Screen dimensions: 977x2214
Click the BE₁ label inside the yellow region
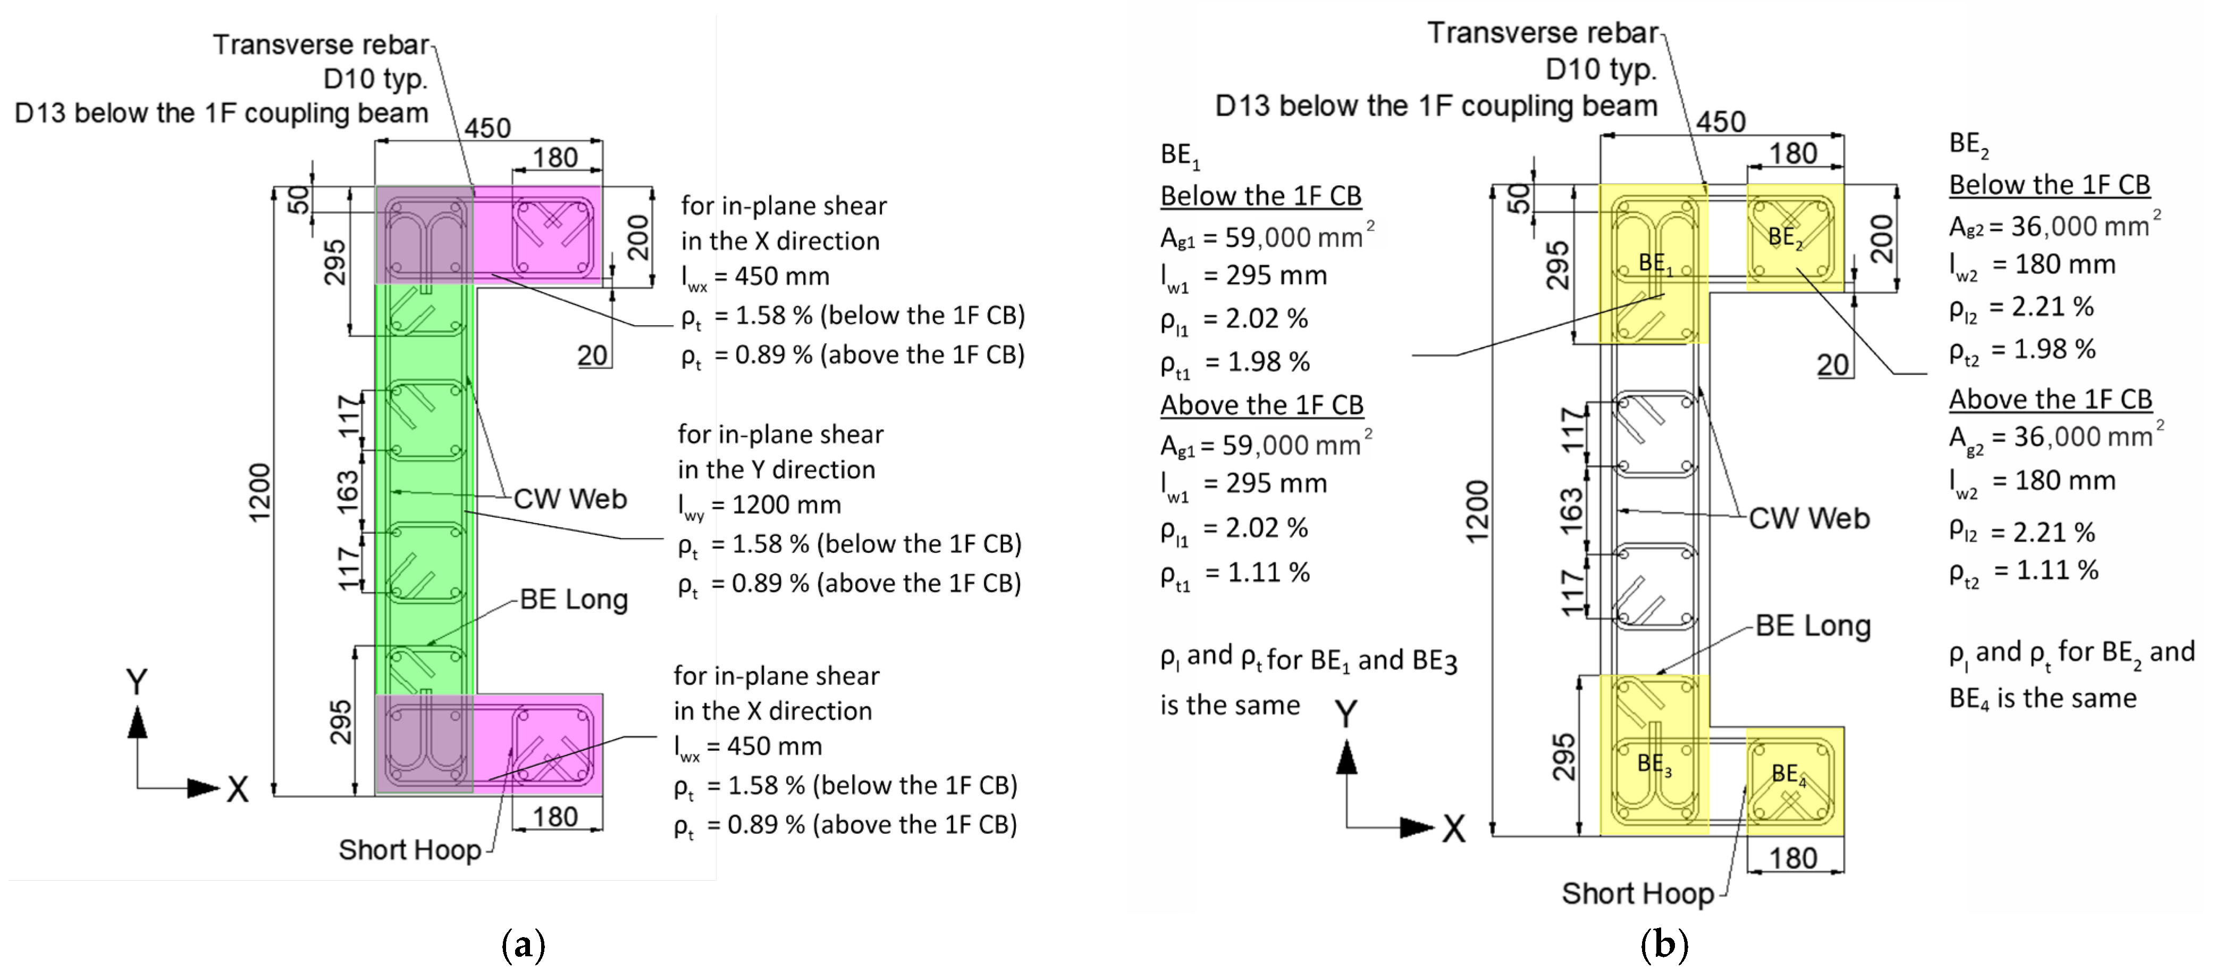click(1654, 263)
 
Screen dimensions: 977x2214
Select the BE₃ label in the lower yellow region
click(1654, 764)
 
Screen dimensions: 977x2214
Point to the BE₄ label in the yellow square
click(1789, 775)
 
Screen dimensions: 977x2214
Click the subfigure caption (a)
click(523, 945)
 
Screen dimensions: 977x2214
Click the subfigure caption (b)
click(1664, 945)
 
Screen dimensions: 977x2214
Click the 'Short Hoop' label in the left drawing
click(409, 850)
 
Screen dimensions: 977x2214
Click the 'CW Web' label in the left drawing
click(570, 499)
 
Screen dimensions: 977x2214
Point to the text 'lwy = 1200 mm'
click(759, 506)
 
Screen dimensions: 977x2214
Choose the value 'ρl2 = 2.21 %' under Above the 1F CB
click(2022, 532)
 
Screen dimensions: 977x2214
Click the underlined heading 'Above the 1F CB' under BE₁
click(1262, 404)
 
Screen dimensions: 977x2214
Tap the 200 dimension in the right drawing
click(1881, 238)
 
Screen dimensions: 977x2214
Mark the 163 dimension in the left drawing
click(347, 491)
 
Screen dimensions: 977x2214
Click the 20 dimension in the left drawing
click(592, 355)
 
